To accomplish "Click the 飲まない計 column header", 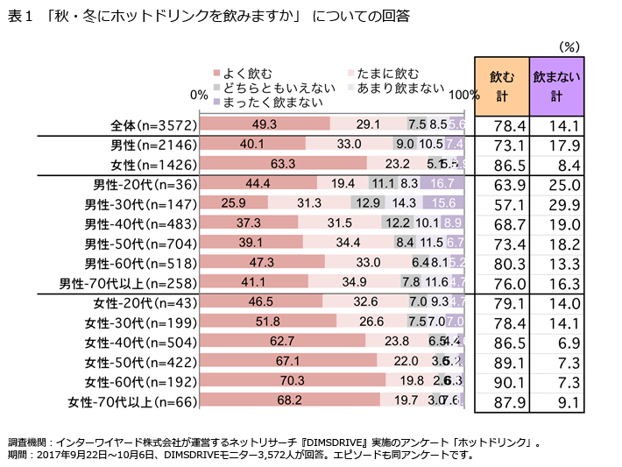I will (x=557, y=86).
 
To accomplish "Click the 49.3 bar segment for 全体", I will (x=265, y=124).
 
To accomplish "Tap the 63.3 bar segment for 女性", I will (x=283, y=163).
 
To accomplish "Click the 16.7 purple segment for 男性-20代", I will (x=442, y=184).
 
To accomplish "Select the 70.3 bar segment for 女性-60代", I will (x=293, y=381).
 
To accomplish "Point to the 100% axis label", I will (x=463, y=94).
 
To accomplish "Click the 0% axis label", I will (x=198, y=94).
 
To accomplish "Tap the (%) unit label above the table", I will (x=569, y=46).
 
